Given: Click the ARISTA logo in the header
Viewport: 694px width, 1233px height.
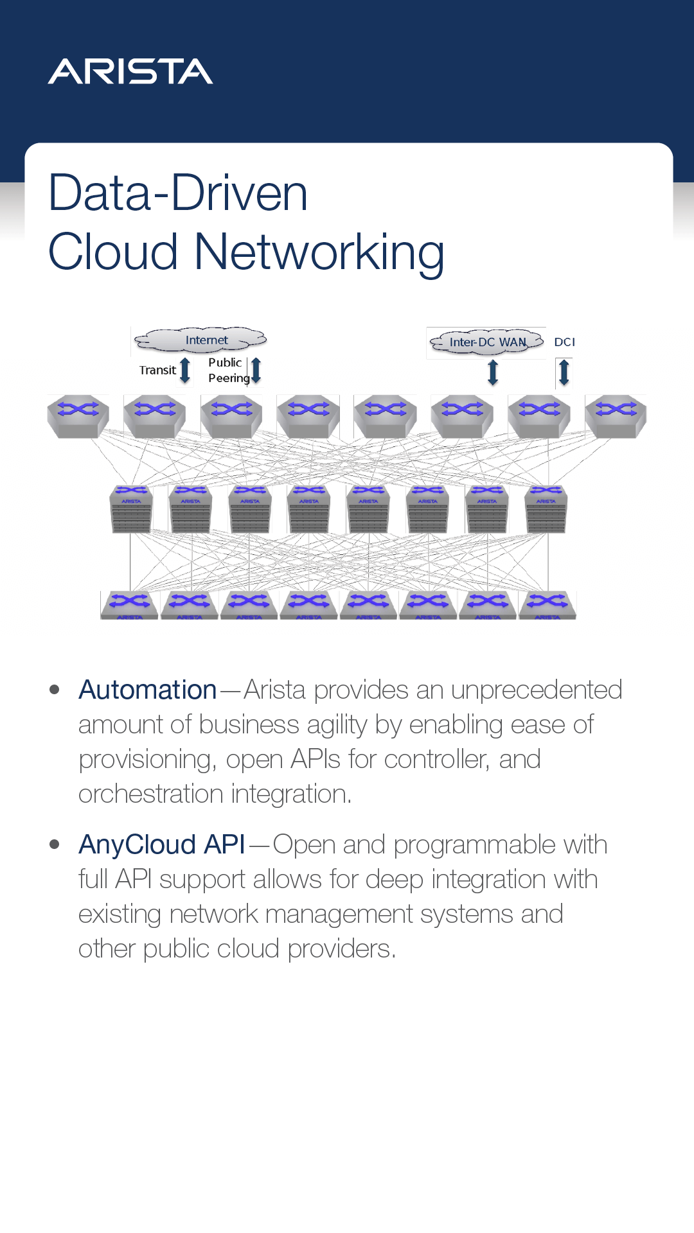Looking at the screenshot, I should coord(130,71).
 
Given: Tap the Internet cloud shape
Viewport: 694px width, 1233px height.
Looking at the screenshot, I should coord(201,340).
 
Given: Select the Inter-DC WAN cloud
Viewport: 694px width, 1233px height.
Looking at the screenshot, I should coord(486,342).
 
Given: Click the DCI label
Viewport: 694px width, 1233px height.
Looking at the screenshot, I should coord(564,342).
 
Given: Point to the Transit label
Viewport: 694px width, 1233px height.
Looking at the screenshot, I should coord(157,371).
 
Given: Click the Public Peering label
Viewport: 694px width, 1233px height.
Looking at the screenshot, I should coord(227,371).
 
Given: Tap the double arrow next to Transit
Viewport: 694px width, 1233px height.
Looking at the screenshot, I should coord(185,371).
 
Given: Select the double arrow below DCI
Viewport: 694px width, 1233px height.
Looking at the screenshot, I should coord(564,372).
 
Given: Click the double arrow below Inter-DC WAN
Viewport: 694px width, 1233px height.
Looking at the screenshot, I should coord(493,372).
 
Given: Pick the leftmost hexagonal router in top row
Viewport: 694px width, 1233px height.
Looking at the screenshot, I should coord(78,416).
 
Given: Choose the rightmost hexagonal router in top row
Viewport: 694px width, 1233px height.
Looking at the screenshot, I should coord(616,416).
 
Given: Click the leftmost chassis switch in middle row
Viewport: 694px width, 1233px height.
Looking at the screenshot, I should coord(131,509).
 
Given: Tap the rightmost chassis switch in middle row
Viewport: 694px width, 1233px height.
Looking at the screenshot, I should coord(546,509).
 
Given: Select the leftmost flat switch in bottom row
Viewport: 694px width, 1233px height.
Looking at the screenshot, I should coord(129,605).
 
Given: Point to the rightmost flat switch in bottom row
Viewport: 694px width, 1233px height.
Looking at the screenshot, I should coord(547,605).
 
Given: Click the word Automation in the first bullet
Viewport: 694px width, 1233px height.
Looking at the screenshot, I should coord(147,690).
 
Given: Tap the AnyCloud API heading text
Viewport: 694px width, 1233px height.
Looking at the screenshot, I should coord(162,845).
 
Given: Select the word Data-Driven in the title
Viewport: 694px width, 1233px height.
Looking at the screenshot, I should coord(178,193).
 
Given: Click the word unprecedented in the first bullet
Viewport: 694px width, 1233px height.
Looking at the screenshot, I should coord(536,690).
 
